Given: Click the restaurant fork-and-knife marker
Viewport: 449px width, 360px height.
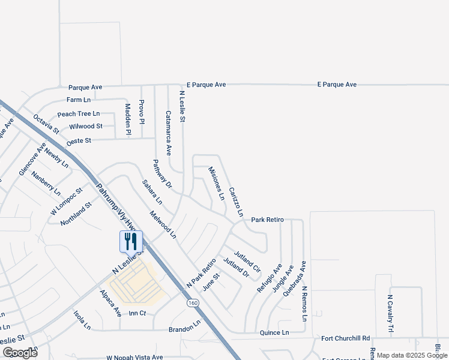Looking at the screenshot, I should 131,241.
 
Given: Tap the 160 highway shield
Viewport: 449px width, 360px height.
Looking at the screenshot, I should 192,303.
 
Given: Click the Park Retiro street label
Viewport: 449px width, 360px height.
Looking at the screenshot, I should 267,220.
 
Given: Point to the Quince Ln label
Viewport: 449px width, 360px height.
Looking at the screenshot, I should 274,332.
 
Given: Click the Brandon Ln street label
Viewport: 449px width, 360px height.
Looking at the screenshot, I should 184,329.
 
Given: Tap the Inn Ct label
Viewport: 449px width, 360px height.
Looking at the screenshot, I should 137,313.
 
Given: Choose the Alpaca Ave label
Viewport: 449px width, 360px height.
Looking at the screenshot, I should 111,303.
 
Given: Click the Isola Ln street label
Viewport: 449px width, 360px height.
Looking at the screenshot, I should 82,320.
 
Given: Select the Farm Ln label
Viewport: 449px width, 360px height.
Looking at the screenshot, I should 79,100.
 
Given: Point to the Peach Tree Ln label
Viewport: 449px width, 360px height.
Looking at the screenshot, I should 79,113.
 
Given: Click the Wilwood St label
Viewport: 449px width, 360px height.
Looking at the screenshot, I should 86,127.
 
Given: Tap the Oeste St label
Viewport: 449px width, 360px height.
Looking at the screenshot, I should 79,140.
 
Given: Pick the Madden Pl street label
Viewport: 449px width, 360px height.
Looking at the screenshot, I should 128,118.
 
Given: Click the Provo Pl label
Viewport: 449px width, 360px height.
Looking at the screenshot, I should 142,112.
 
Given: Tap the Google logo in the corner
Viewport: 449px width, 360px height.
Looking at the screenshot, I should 19,353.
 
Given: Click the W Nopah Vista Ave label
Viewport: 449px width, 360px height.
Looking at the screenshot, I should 134,357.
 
